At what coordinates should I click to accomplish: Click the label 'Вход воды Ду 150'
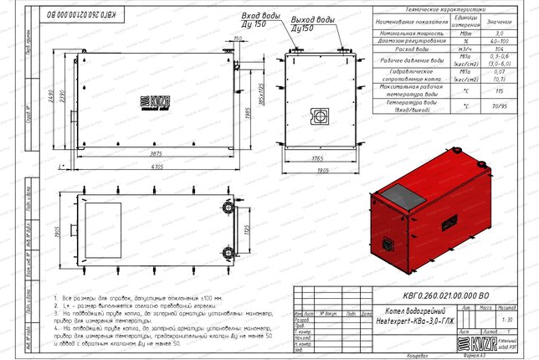click(x=259, y=20)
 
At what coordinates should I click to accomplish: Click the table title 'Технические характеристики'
click(x=447, y=6)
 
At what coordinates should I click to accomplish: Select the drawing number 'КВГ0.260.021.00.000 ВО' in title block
click(x=412, y=295)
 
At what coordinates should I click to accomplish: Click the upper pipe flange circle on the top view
click(x=227, y=206)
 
